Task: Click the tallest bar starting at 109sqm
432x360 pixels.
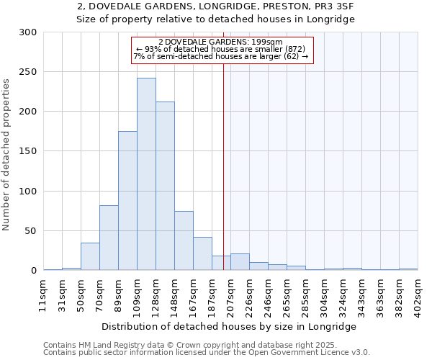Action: pos(146,174)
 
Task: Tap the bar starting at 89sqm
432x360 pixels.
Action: pos(127,200)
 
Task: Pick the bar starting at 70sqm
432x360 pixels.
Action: pos(109,238)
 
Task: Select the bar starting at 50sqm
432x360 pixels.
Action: pos(90,256)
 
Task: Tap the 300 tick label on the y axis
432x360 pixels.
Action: pos(28,32)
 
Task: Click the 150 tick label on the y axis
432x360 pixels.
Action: pos(28,151)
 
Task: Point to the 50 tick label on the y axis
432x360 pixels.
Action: pos(31,231)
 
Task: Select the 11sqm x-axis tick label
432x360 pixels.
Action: pos(44,292)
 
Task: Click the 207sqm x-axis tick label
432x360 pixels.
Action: pos(231,292)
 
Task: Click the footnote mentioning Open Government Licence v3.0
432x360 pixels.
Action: pos(207,353)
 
